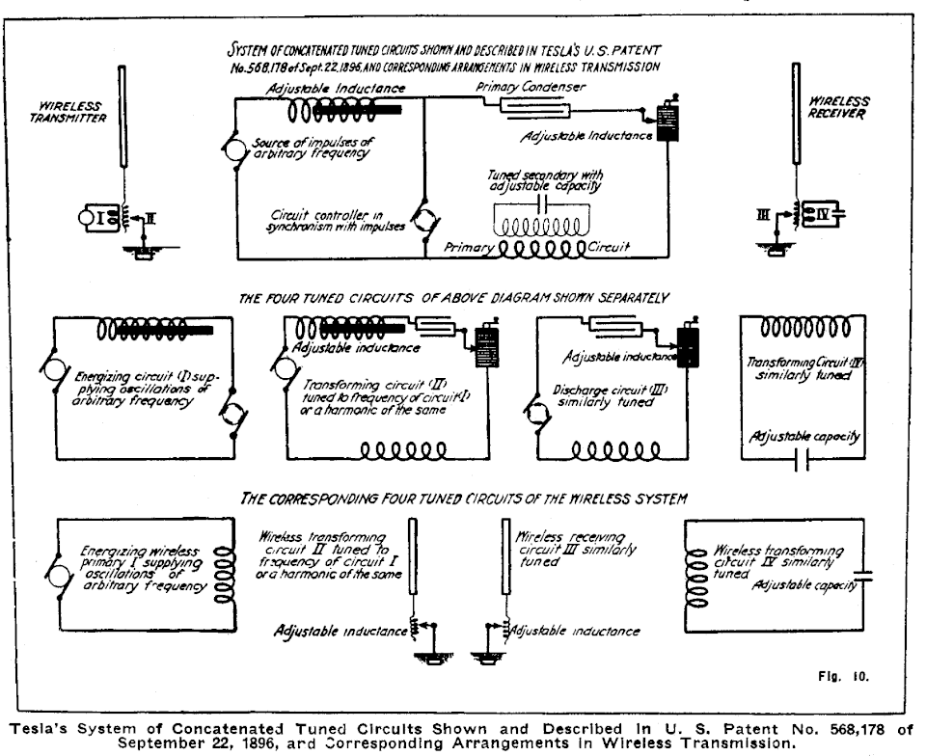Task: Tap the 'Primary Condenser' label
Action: click(531, 86)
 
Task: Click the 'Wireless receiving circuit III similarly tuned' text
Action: click(570, 547)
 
